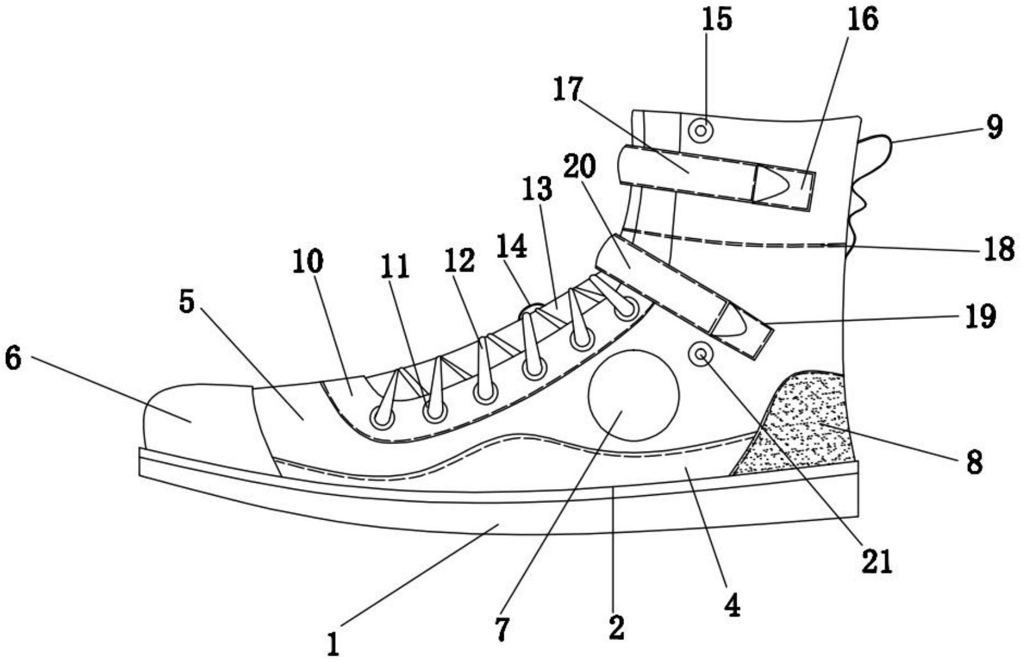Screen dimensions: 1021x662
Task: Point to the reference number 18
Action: (999, 249)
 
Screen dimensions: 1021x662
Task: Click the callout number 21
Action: (877, 562)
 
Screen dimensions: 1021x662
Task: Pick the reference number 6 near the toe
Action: (13, 359)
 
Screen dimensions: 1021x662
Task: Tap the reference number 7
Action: (501, 630)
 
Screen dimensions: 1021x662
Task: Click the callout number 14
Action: (513, 246)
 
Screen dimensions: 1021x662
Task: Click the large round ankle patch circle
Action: (634, 396)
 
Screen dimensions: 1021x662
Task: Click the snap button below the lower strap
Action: (701, 354)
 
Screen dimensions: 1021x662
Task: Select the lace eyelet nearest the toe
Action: (382, 417)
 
